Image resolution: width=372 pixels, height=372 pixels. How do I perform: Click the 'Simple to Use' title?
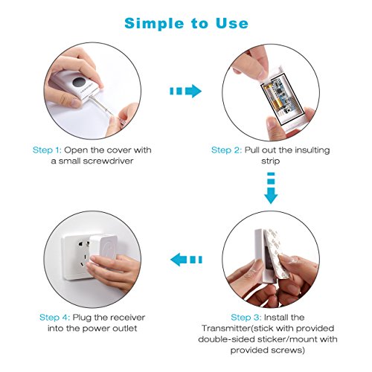click(186, 24)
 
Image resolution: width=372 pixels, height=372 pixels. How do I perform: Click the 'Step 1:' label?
click(47, 150)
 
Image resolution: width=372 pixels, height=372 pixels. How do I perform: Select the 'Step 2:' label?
click(226, 150)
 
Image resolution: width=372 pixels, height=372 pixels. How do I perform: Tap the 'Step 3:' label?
click(246, 318)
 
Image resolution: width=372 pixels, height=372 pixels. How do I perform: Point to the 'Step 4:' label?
click(54, 318)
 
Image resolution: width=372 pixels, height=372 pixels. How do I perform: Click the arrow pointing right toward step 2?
click(185, 91)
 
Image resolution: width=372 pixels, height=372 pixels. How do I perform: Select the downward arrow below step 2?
click(271, 188)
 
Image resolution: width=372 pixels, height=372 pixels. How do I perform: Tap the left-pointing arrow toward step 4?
click(186, 260)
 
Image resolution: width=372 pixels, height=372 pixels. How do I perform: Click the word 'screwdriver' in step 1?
click(109, 161)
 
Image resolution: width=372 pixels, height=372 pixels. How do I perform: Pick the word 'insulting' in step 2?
click(312, 150)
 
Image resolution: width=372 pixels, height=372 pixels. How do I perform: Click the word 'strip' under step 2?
click(271, 161)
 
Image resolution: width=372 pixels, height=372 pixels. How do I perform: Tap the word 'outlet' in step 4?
click(125, 328)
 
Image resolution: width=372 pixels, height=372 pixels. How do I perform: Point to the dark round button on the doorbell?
click(80, 82)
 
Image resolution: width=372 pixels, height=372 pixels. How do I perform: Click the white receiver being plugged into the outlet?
click(103, 248)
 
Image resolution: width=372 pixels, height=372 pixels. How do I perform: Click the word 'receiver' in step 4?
click(127, 318)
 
